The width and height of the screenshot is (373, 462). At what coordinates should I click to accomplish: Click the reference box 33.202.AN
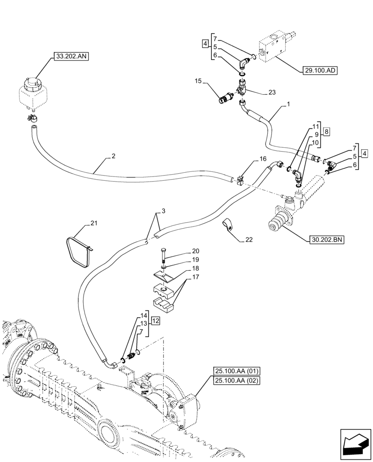click(71, 57)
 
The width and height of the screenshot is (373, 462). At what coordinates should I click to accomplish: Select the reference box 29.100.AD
click(320, 71)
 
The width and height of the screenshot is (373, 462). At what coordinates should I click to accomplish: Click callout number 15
click(198, 81)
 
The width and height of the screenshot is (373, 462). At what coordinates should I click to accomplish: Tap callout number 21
click(94, 223)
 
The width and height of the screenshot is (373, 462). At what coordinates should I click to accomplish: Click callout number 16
click(263, 158)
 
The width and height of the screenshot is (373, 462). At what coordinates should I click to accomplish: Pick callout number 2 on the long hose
click(114, 157)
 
